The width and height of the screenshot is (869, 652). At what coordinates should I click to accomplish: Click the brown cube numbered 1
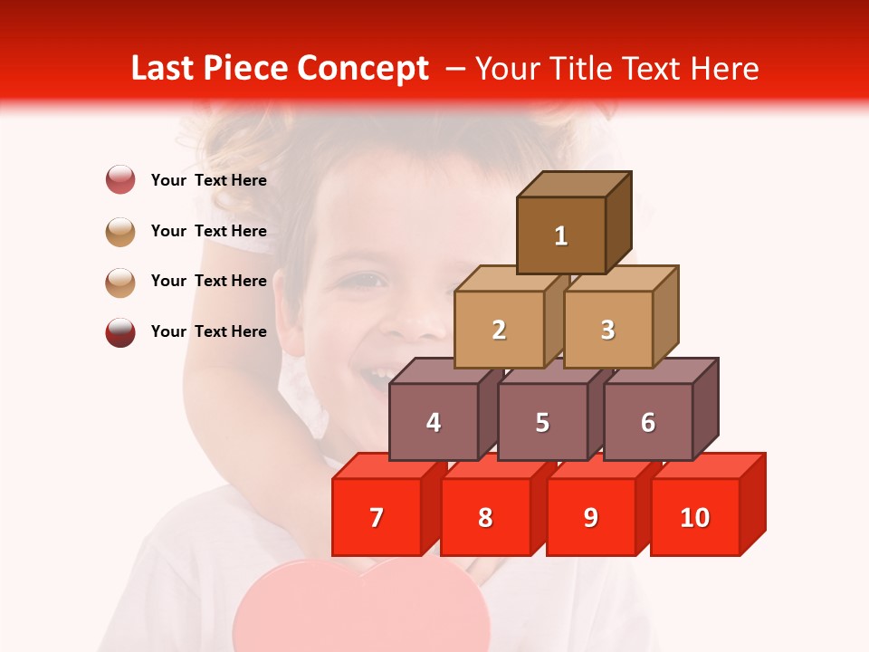561,235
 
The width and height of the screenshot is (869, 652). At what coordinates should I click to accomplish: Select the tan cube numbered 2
499,330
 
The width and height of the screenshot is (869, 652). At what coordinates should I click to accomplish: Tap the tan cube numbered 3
607,330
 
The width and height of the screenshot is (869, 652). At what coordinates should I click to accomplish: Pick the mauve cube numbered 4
434,422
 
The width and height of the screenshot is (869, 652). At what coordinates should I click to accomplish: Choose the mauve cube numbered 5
542,422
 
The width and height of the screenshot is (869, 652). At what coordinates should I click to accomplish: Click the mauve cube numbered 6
648,422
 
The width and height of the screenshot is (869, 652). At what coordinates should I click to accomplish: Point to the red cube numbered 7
377,517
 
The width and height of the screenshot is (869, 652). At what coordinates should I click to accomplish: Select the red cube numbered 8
485,517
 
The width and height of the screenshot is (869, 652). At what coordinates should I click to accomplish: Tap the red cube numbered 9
591,517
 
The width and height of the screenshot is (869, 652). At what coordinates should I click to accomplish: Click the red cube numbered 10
695,517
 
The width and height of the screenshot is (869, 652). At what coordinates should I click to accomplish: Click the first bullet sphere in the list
120,179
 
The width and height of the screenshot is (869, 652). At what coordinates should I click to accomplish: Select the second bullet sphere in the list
120,231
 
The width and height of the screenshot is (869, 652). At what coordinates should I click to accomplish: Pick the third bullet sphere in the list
120,282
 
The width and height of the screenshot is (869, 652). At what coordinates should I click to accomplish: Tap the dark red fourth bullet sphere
120,331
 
